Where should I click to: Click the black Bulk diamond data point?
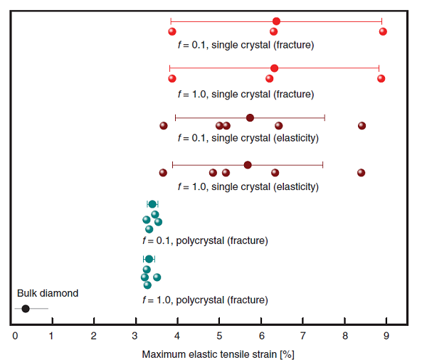pos(26,308)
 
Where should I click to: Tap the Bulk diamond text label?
pos(48,293)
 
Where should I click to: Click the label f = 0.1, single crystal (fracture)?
pos(246,45)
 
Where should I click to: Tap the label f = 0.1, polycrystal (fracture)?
pos(205,240)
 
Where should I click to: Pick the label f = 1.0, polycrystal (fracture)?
pos(205,300)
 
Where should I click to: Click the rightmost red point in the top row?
pos(383,31)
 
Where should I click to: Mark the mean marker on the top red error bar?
pos(276,21)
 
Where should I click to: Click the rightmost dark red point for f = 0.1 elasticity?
pos(362,126)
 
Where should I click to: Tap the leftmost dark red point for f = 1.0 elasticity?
pos(163,173)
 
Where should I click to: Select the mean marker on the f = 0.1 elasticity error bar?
pos(250,118)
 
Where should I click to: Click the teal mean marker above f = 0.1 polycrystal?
pos(152,204)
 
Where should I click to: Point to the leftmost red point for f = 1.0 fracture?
pos(172,78)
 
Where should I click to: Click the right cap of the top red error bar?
pos(382,21)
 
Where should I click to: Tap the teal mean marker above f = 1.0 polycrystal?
pos(149,259)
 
